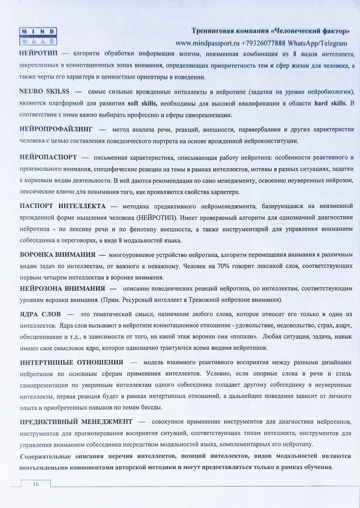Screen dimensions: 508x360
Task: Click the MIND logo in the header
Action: pyautogui.click(x=38, y=36)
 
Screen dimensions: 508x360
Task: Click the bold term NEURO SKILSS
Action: pyautogui.click(x=45, y=91)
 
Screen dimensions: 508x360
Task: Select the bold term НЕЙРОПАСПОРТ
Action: pyautogui.click(x=48, y=157)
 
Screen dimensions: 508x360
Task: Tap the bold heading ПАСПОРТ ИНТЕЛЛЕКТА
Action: pyautogui.click(x=63, y=206)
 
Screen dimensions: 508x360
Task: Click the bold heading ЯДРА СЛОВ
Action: pyautogui.click(x=40, y=314)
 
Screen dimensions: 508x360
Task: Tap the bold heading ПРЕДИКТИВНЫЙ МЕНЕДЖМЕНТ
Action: pyautogui.click(x=76, y=422)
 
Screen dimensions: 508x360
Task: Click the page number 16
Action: pyautogui.click(x=36, y=484)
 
